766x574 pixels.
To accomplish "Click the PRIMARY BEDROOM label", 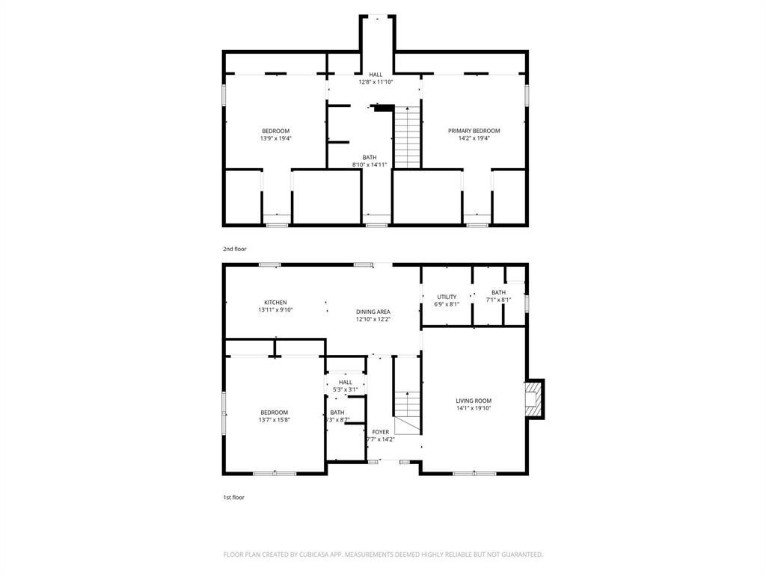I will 474,131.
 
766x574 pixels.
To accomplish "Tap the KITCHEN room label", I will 275,303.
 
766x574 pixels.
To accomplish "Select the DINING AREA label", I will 373,312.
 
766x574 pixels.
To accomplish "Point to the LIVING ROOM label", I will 474,401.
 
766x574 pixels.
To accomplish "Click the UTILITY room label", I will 447,297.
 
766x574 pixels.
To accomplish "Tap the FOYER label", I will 381,432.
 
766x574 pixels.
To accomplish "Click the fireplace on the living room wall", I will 533,399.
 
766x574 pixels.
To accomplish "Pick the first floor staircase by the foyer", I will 407,410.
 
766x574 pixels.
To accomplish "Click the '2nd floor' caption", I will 234,249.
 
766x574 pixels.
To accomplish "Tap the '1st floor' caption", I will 233,497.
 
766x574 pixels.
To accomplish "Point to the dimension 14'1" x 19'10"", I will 474,408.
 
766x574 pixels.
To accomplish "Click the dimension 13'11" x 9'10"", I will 275,309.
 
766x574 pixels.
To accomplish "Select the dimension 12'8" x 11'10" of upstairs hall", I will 376,82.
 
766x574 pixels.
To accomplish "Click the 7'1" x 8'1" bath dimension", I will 498,300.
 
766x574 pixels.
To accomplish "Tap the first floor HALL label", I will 345,383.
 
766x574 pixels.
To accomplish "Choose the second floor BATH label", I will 370,158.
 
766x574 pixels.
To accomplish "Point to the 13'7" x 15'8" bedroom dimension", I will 274,420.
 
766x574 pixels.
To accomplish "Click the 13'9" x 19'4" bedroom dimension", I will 275,138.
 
